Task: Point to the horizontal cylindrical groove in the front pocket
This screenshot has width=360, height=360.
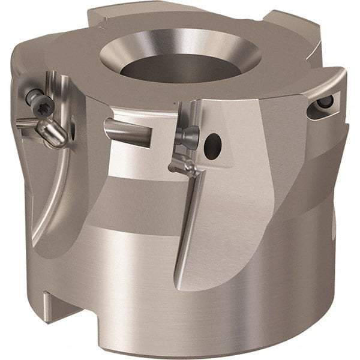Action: pos(127,130)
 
